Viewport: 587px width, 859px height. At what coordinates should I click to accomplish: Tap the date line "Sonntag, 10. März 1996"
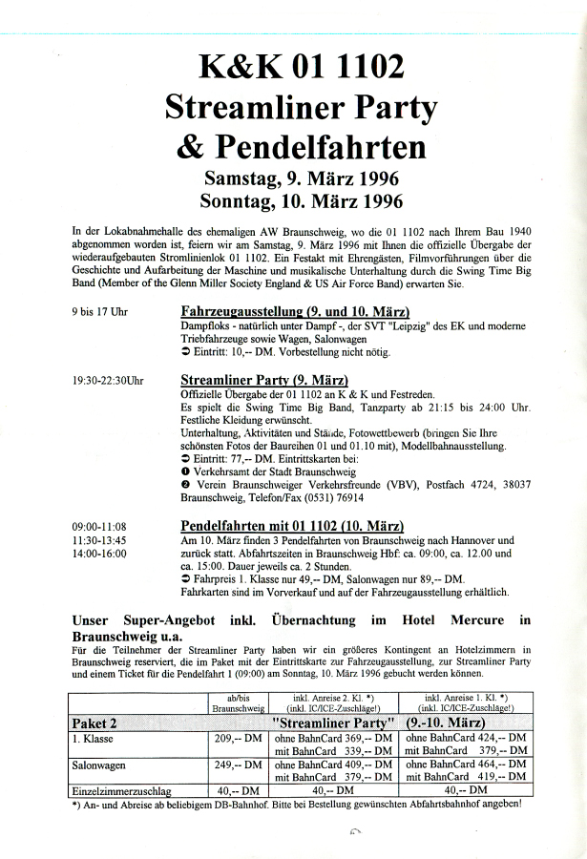point(302,201)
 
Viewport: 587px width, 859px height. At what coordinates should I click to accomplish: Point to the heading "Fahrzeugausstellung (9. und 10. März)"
point(295,312)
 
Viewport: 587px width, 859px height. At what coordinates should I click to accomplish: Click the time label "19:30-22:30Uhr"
point(108,379)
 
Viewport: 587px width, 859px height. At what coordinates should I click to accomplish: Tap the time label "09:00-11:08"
point(99,526)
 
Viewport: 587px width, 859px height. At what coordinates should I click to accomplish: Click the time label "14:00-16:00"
point(99,553)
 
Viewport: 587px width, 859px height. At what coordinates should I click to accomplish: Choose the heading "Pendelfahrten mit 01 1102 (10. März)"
point(292,526)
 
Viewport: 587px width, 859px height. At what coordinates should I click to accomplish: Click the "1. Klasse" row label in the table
point(91,738)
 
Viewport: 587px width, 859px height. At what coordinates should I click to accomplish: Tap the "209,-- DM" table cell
point(236,738)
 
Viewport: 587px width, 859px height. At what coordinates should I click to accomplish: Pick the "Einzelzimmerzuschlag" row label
point(119,790)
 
